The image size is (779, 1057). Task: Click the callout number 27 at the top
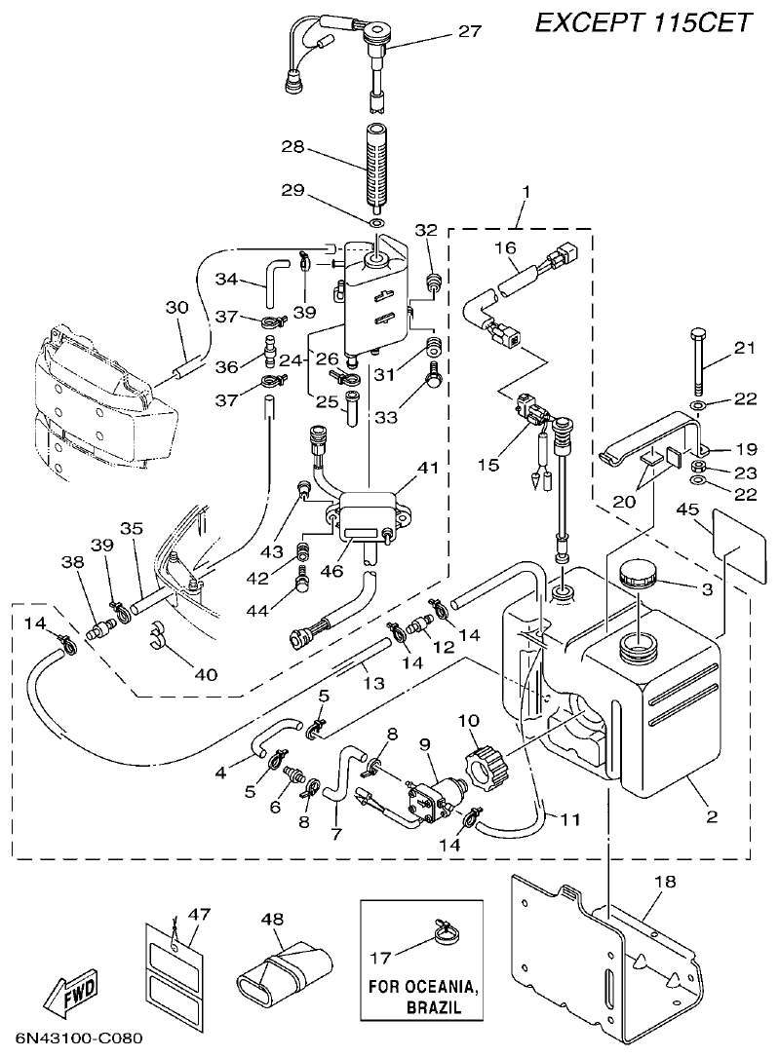coord(470,32)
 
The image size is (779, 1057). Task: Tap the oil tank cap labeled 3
coord(638,575)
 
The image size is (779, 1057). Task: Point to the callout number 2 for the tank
coord(713,816)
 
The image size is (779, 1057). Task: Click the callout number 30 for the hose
coord(176,309)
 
